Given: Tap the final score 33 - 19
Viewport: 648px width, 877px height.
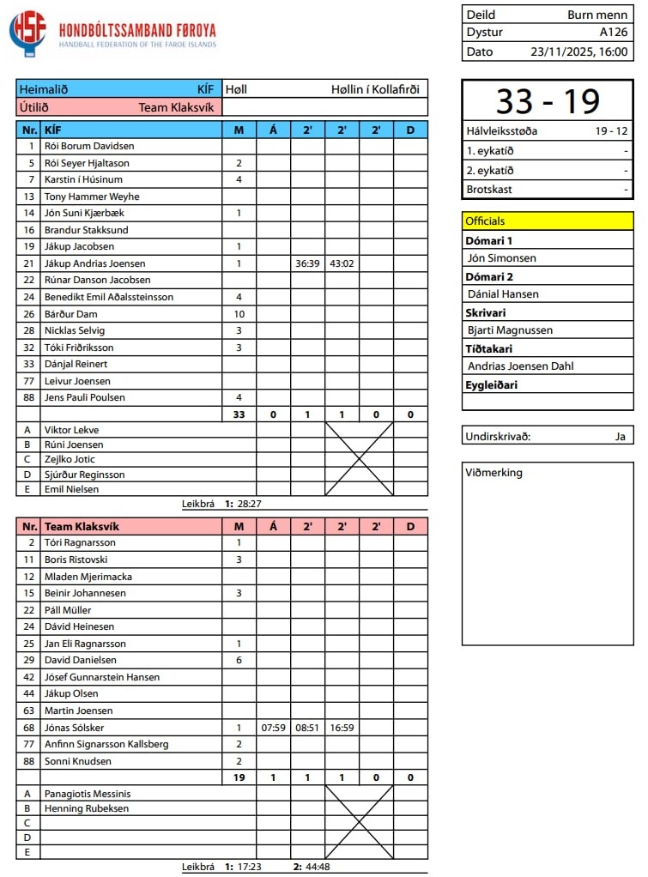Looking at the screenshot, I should pyautogui.click(x=548, y=101).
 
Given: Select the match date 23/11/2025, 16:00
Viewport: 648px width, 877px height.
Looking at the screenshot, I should pyautogui.click(x=579, y=51).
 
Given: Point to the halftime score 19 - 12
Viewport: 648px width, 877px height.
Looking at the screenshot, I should pyautogui.click(x=612, y=131).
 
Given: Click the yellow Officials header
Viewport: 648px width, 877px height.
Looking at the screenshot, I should pyautogui.click(x=548, y=221).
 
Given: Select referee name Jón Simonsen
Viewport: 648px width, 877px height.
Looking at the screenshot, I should pyautogui.click(x=502, y=257).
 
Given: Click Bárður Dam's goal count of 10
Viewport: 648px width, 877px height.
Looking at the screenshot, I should pyautogui.click(x=239, y=314).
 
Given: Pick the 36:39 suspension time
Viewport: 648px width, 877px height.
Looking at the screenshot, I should pyautogui.click(x=307, y=263).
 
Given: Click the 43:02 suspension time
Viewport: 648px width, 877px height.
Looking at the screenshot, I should pyautogui.click(x=342, y=263).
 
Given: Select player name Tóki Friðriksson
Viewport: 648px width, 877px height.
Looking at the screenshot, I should pyautogui.click(x=79, y=348).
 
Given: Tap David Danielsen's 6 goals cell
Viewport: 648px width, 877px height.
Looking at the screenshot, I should pyautogui.click(x=239, y=660).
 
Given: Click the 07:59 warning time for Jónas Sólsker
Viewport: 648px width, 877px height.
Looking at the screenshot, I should pyautogui.click(x=273, y=727).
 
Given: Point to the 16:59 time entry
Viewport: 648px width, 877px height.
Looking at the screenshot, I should pyautogui.click(x=342, y=727).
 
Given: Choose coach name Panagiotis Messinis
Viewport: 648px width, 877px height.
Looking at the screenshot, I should pyautogui.click(x=88, y=794).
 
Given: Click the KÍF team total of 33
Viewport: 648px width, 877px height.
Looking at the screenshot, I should pyautogui.click(x=239, y=414).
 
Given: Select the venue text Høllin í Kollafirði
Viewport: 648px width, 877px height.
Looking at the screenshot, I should pyautogui.click(x=378, y=89).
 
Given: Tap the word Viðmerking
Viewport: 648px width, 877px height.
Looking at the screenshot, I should pyautogui.click(x=494, y=472).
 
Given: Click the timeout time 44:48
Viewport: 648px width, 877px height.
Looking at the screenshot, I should pyautogui.click(x=318, y=867).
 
